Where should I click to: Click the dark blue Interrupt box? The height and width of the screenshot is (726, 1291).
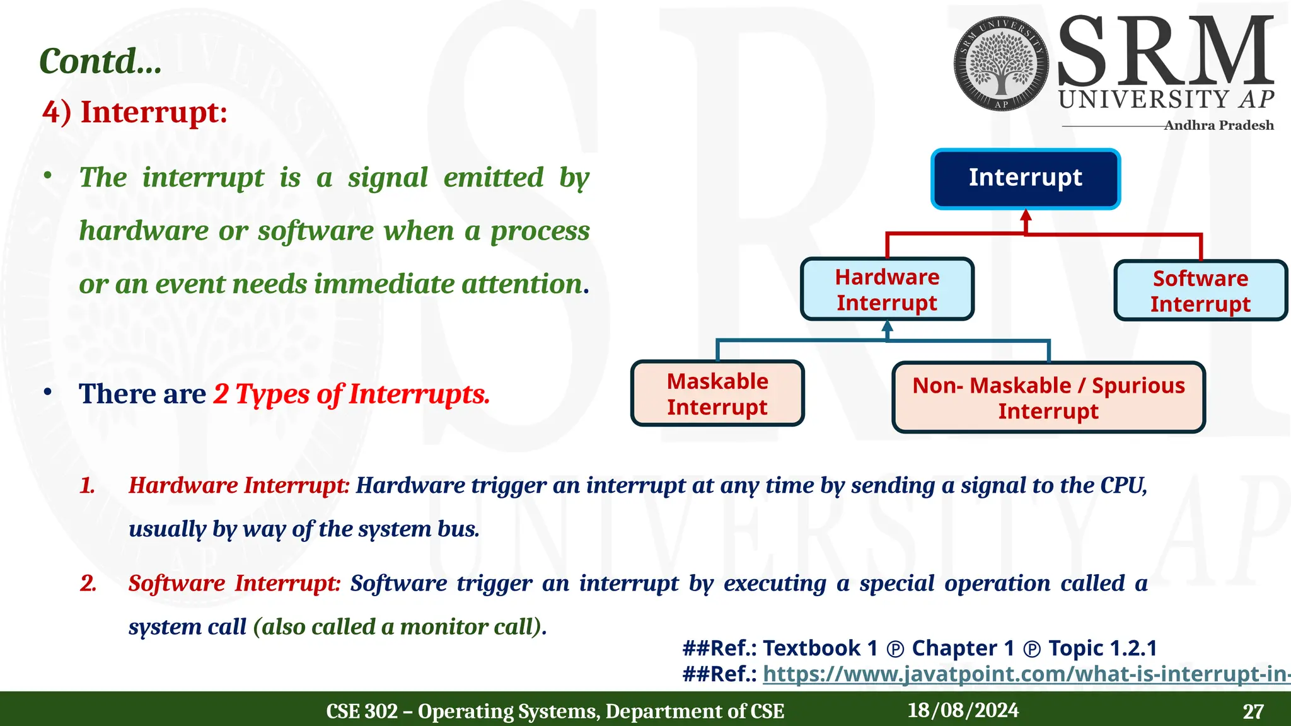(x=1026, y=179)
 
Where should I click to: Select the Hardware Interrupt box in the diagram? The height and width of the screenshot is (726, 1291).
(x=887, y=289)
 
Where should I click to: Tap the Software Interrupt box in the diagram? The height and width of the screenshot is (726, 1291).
(x=1200, y=291)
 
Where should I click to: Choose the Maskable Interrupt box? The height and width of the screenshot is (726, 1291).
(x=717, y=394)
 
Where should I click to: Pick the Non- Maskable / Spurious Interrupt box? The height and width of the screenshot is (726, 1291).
(x=1048, y=398)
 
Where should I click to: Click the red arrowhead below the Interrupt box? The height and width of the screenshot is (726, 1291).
(x=1026, y=216)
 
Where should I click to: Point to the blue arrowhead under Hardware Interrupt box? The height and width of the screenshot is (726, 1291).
(x=888, y=326)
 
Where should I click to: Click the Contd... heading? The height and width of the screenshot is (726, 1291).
(x=100, y=62)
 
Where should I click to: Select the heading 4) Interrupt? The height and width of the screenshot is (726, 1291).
(x=135, y=112)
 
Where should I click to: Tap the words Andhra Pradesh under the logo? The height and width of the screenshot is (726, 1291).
(x=1218, y=125)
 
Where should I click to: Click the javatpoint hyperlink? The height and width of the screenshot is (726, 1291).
(x=1026, y=674)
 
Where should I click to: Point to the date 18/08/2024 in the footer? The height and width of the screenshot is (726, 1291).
(x=963, y=710)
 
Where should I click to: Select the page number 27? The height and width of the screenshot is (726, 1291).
(x=1253, y=712)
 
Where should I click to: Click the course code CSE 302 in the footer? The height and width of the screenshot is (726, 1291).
(x=362, y=712)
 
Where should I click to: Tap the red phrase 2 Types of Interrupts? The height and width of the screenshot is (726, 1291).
(x=352, y=395)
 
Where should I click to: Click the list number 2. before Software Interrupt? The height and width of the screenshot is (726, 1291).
(x=88, y=584)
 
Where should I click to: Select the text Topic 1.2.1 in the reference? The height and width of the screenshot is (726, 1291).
(x=1103, y=648)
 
